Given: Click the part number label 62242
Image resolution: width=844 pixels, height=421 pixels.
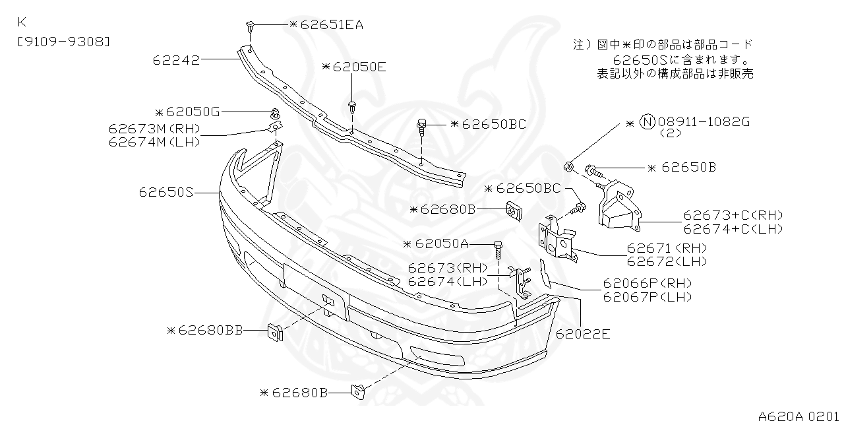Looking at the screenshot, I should click(x=176, y=60).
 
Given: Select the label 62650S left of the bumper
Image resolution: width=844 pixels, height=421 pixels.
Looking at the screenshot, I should click(x=166, y=193).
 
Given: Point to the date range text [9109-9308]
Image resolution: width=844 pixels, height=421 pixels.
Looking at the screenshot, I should click(x=63, y=42).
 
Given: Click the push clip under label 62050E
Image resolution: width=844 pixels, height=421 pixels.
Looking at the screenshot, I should click(x=353, y=106).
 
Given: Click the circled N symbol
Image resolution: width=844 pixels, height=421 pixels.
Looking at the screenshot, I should click(x=648, y=122).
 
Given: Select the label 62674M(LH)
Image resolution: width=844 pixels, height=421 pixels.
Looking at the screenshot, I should click(x=154, y=141).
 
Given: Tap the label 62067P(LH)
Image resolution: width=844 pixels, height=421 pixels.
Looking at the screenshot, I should click(x=648, y=297).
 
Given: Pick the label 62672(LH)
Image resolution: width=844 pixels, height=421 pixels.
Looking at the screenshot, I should click(x=667, y=261).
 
